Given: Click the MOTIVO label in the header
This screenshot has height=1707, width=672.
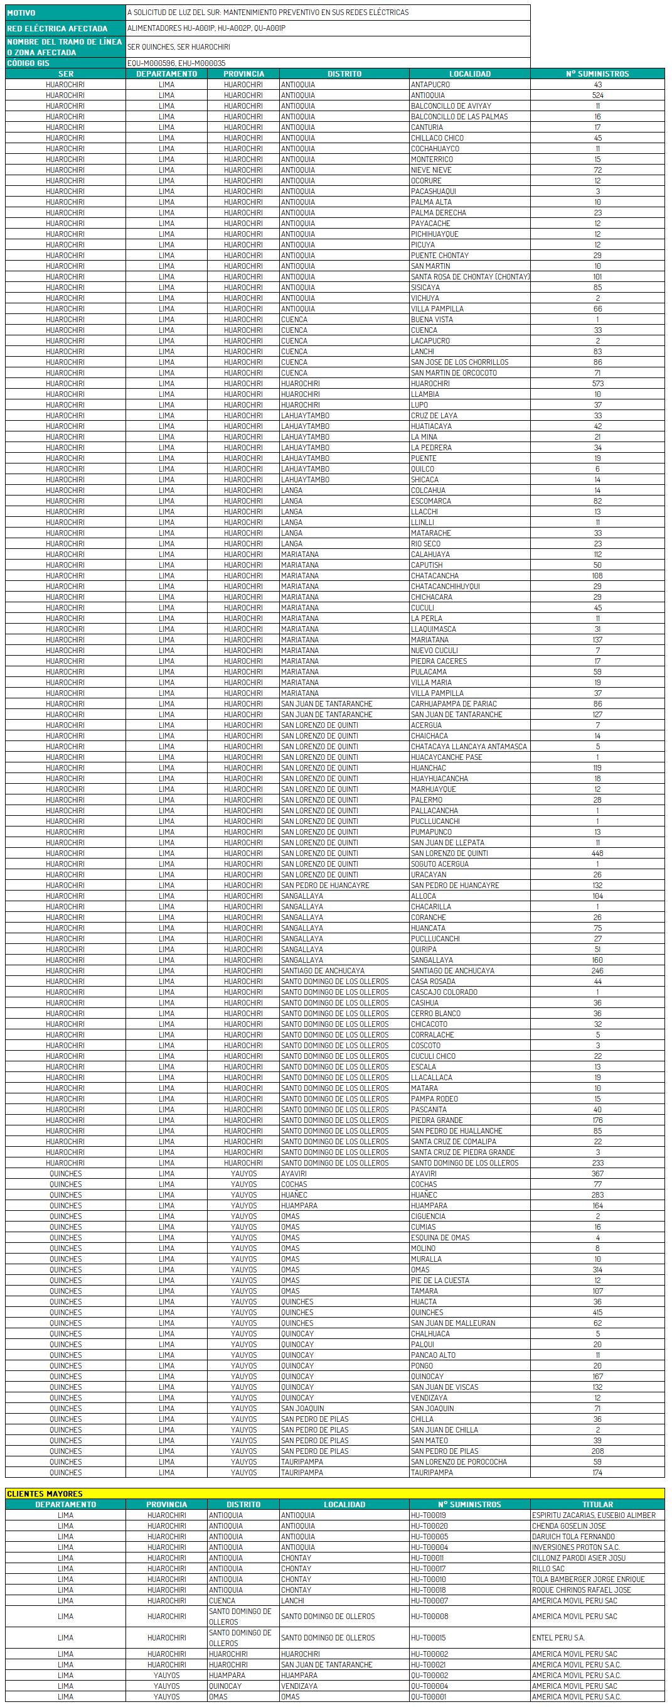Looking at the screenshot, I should pyautogui.click(x=21, y=13).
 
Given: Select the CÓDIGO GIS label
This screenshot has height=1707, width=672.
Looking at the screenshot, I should pyautogui.click(x=28, y=63).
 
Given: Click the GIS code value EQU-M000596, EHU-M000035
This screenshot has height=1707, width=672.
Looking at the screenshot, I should pyautogui.click(x=176, y=63).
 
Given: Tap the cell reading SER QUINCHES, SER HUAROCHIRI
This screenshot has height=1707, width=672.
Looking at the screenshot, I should pyautogui.click(x=179, y=47).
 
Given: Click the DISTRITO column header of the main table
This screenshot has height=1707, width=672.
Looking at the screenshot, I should pyautogui.click(x=344, y=73).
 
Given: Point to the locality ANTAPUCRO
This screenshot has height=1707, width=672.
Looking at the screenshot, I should pyautogui.click(x=430, y=84).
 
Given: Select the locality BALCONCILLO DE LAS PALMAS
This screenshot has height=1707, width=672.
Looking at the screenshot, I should pyautogui.click(x=459, y=117).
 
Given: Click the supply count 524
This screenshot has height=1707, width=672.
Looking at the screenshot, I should pyautogui.click(x=597, y=95).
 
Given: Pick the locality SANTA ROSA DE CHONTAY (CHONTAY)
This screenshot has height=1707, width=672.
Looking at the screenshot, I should pyautogui.click(x=469, y=277).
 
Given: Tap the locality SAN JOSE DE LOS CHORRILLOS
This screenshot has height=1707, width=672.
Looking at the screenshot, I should pyautogui.click(x=459, y=362).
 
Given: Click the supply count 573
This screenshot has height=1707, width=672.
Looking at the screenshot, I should pyautogui.click(x=597, y=384).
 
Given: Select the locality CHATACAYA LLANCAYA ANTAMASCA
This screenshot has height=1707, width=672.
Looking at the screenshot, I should pyautogui.click(x=469, y=747).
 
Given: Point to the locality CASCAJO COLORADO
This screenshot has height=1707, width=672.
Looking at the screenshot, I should pyautogui.click(x=444, y=992).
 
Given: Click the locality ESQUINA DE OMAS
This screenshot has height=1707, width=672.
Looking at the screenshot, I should pyautogui.click(x=440, y=1238).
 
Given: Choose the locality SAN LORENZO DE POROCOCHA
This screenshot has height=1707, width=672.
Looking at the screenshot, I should pyautogui.click(x=459, y=1462).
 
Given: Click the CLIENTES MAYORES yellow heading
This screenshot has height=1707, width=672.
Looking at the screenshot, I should pyautogui.click(x=45, y=1493).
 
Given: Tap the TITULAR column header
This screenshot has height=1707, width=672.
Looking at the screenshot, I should pyautogui.click(x=597, y=1504).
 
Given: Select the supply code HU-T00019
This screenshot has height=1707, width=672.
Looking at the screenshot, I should pyautogui.click(x=428, y=1515).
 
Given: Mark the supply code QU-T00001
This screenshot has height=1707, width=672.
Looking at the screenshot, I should pyautogui.click(x=429, y=1696).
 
